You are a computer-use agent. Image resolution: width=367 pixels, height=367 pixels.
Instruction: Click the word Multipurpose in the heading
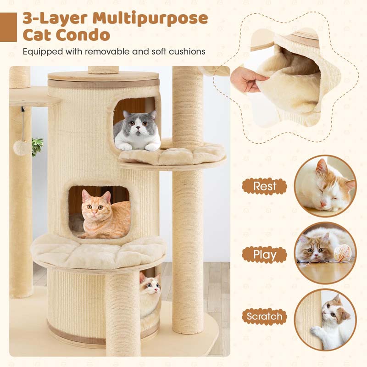coord(150,19)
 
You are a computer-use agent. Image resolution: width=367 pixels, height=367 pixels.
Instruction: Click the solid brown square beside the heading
coord(8,27)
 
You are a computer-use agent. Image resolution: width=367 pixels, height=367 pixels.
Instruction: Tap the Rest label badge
coord(265,186)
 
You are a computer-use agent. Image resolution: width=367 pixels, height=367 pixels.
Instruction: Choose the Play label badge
coord(265,255)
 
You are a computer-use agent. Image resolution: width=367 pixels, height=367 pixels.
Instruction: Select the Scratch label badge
coord(265,317)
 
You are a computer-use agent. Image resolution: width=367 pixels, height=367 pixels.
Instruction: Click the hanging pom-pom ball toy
coord(21,148)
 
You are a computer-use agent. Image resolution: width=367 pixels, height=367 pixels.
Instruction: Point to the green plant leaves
coord(38,146)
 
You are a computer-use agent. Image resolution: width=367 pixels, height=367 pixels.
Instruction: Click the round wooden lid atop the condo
coord(103,76)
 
